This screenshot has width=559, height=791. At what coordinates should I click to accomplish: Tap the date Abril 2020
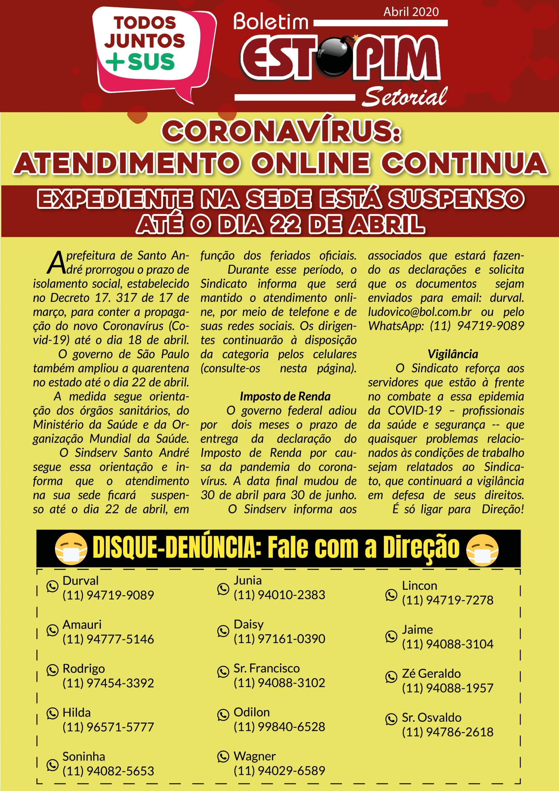tap(411, 12)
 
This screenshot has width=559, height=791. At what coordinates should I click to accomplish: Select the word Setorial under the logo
tap(405, 97)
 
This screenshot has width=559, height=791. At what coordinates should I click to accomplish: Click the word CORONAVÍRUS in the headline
tap(281, 131)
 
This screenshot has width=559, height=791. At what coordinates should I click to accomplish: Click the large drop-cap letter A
tap(57, 263)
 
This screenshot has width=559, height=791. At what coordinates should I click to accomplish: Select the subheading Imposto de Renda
tap(285, 396)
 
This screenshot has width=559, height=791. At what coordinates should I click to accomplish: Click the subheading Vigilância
tap(453, 354)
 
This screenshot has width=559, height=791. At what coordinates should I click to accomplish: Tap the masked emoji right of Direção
tap(482, 549)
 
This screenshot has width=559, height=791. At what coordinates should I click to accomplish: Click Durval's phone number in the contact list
tap(108, 595)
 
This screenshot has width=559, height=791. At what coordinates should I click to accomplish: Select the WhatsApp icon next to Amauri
tap(53, 630)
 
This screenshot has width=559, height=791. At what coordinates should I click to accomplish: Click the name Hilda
tap(77, 713)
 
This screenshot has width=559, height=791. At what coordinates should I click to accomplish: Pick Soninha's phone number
tap(108, 771)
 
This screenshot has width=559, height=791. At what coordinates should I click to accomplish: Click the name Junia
tap(247, 580)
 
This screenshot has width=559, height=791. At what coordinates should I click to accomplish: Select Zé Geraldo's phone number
tap(448, 688)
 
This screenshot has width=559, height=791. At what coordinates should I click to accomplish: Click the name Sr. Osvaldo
tap(432, 717)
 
